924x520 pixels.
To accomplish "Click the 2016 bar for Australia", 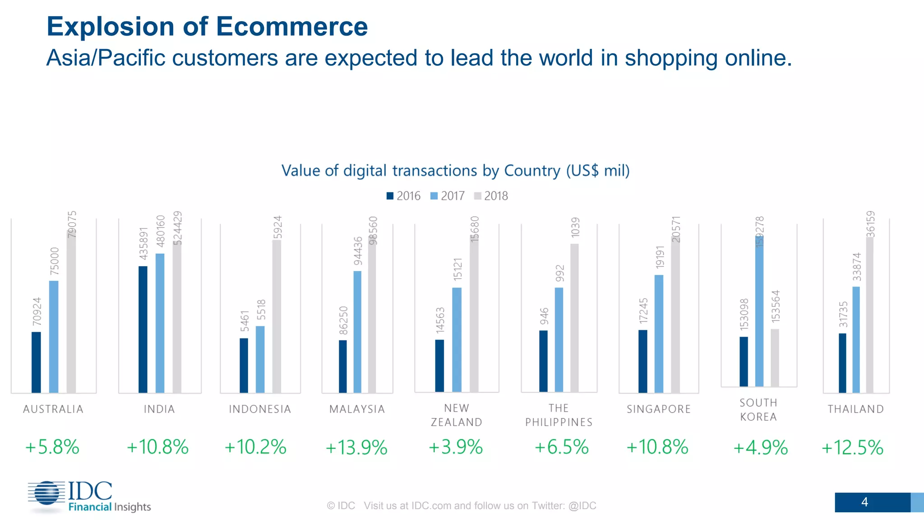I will [x=36, y=362].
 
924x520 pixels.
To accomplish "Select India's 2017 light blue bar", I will [x=160, y=323].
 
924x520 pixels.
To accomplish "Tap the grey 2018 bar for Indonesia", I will [x=277, y=316].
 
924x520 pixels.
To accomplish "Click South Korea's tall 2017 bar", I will [x=759, y=311].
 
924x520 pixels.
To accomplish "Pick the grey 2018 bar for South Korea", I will [x=775, y=357].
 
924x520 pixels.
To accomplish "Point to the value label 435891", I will [x=143, y=243].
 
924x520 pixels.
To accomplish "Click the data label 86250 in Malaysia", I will [x=343, y=320].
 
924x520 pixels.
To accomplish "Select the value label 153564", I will [x=776, y=306].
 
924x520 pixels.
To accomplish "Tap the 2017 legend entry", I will [x=448, y=196].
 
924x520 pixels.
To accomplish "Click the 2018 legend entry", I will [x=491, y=196].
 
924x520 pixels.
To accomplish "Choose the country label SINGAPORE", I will [x=659, y=409].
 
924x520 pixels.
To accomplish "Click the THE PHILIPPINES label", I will [x=559, y=415].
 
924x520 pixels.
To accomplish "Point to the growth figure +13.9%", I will [x=356, y=448].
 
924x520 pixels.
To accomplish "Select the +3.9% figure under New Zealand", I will [x=456, y=447].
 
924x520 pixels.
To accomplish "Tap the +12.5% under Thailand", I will [x=852, y=448].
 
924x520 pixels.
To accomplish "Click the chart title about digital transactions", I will [x=455, y=171].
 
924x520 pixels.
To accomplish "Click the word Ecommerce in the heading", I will [x=291, y=27].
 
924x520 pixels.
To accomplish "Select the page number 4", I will [x=864, y=502].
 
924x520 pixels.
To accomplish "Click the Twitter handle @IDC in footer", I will [x=582, y=506].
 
